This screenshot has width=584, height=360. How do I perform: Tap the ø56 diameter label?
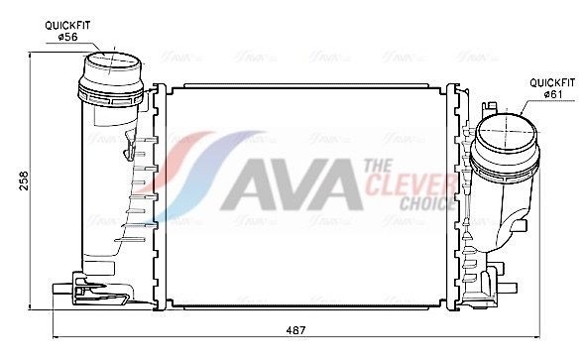(67, 37)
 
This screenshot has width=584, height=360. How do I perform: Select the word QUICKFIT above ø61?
(550, 81)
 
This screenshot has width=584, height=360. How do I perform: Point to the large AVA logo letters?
(288, 183)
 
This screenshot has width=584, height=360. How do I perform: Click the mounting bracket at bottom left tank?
(104, 291)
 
